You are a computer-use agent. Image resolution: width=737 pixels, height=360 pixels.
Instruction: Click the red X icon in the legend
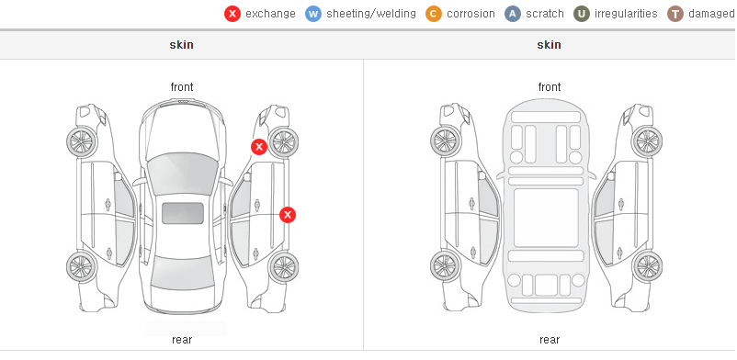click(232, 14)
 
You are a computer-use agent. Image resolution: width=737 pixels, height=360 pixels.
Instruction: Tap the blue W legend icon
click(313, 14)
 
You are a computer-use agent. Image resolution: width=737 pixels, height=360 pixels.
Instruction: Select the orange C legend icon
click(434, 14)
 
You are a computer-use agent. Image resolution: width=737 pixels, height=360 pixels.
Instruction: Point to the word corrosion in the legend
click(471, 14)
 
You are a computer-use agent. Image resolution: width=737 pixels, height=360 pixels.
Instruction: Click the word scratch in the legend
click(545, 14)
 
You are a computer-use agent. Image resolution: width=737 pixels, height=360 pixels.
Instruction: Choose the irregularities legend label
click(626, 14)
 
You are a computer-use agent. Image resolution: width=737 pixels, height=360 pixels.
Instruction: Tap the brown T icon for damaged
click(675, 14)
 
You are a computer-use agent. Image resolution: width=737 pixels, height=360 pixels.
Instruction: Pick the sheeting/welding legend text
click(371, 14)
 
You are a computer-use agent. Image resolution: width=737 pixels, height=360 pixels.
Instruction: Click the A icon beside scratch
click(513, 14)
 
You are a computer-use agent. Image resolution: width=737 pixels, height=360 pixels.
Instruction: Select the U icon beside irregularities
click(582, 14)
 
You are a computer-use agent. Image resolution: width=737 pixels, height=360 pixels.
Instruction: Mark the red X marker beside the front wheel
click(258, 147)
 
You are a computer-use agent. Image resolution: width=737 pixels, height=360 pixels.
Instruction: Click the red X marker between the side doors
click(288, 215)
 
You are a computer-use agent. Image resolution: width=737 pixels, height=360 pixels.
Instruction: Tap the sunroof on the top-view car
click(183, 213)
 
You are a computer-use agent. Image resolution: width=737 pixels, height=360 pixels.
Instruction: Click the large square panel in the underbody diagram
click(546, 218)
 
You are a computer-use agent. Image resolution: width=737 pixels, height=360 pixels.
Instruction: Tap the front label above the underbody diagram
click(550, 87)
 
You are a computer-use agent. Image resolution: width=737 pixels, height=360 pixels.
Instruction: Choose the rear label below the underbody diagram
click(550, 340)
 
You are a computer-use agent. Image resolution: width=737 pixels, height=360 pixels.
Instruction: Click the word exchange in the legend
click(270, 14)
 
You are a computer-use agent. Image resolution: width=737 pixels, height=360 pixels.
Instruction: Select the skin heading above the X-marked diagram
click(181, 45)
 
